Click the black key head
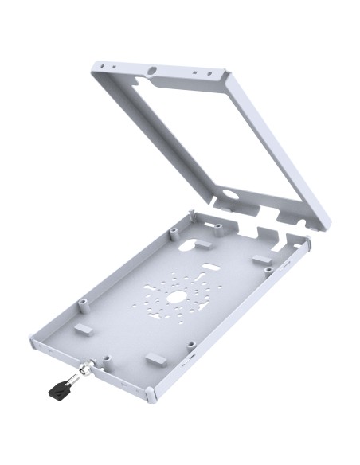(x=57, y=390)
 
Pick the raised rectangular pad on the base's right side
(x=263, y=260)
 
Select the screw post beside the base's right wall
(x=270, y=271)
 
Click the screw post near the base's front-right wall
(x=191, y=346)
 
